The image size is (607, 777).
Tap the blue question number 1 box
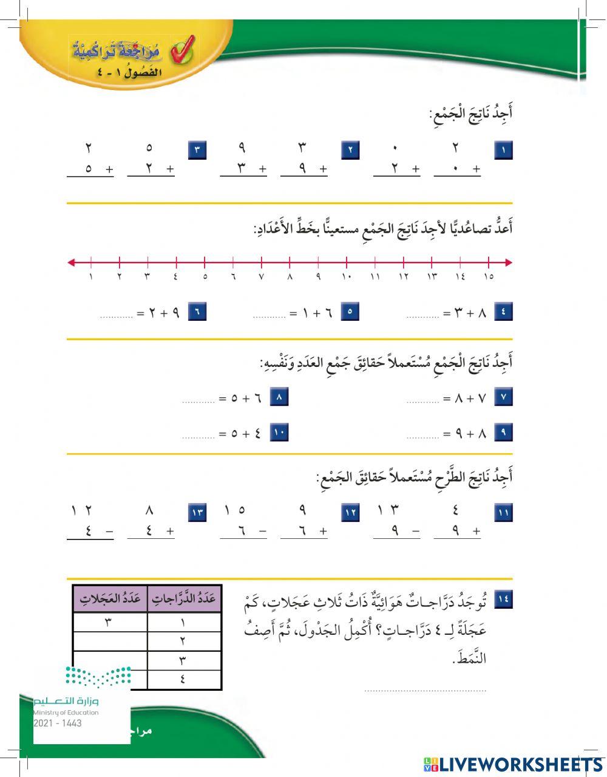[x=504, y=150]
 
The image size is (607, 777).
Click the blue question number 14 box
[x=504, y=600]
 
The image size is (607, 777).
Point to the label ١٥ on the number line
[x=489, y=277]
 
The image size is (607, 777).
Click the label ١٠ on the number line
[x=347, y=277]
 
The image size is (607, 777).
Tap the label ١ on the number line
[x=91, y=277]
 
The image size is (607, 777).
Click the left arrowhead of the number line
[x=72, y=262]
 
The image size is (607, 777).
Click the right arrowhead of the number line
[x=508, y=262]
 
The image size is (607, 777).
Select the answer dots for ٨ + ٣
[x=422, y=316]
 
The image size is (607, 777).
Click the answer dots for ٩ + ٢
[x=117, y=316]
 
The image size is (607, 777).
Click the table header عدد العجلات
[x=110, y=598]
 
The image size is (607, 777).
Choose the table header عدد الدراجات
[x=184, y=598]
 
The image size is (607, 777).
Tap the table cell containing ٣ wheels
[x=110, y=622]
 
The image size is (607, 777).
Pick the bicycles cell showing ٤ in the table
[x=184, y=680]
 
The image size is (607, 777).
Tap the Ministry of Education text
[x=66, y=713]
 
